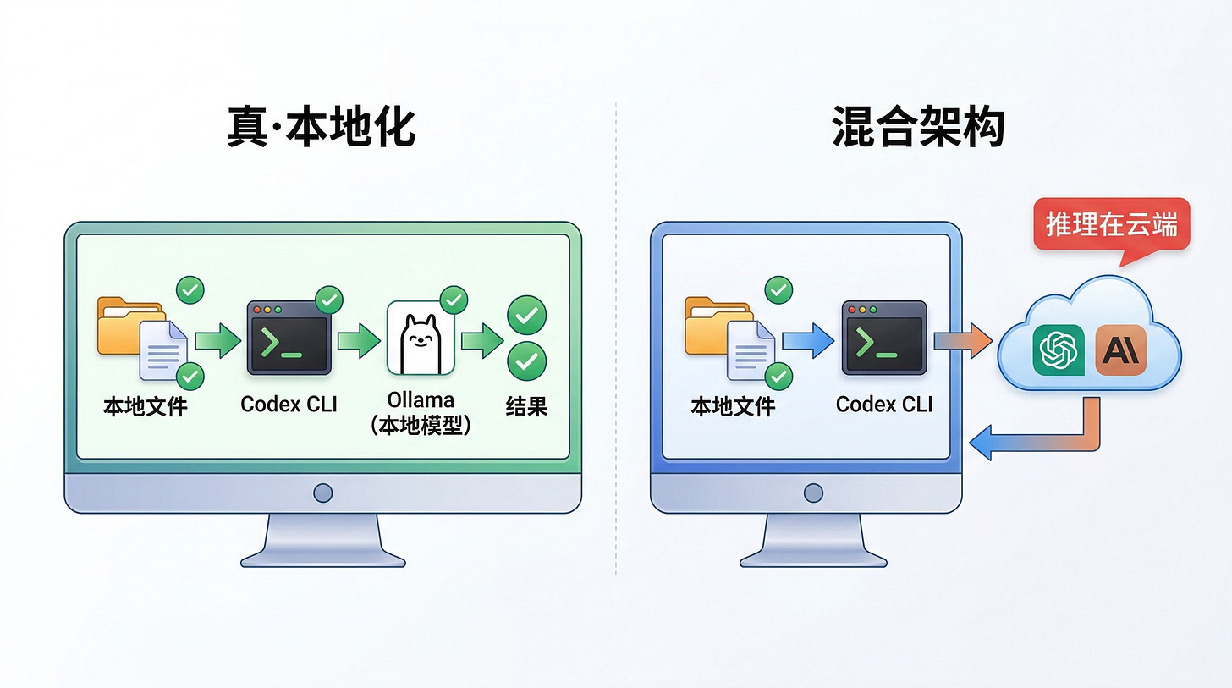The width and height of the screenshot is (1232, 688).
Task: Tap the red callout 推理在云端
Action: (1111, 224)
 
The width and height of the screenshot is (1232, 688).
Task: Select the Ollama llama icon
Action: (421, 337)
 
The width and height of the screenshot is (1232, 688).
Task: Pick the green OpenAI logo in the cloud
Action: (1058, 350)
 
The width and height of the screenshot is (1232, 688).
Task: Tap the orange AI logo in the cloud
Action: (1121, 350)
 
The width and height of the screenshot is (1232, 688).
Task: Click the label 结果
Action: (526, 406)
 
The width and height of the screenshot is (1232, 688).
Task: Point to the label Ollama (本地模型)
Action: (421, 412)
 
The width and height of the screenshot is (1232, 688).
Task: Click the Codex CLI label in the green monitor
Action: (289, 405)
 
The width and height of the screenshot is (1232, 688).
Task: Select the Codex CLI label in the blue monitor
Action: (883, 405)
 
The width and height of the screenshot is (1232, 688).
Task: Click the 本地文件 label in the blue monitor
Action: (733, 406)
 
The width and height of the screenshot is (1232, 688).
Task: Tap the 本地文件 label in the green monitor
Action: (146, 406)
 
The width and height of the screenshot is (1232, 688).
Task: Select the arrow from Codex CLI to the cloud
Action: (962, 341)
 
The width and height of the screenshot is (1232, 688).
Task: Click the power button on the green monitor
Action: (322, 493)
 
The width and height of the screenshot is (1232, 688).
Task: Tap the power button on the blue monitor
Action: (813, 493)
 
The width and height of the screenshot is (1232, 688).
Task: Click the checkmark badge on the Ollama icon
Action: (454, 299)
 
